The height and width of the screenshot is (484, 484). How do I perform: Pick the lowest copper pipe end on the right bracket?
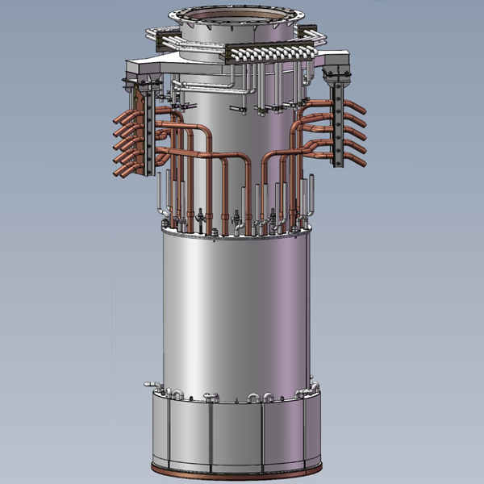point(360,161)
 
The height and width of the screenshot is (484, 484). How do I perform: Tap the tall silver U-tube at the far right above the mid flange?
point(307,198)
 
